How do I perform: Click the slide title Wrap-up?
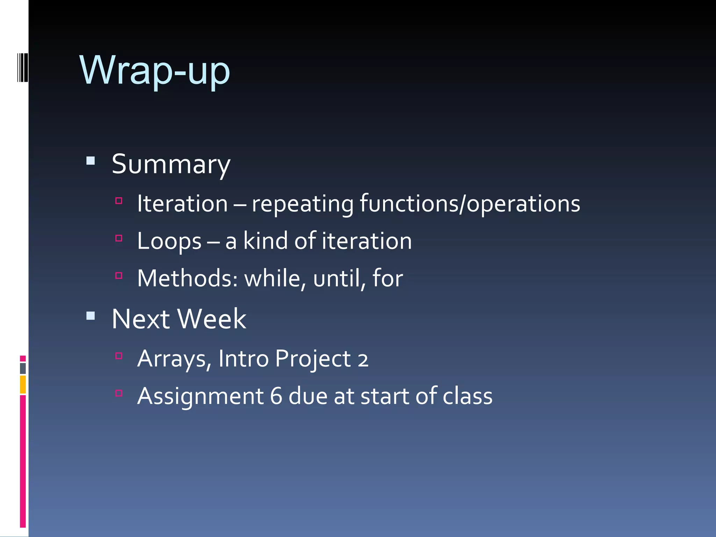pos(155,71)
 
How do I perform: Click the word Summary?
pos(171,164)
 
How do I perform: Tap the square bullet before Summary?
pos(91,161)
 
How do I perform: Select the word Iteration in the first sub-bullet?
pos(182,203)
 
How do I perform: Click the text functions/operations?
pos(470,203)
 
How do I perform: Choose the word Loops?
pos(169,241)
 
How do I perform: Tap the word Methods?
pos(187,278)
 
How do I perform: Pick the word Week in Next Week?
pos(212,319)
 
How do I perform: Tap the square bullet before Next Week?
pos(91,316)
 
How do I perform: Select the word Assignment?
pos(200,396)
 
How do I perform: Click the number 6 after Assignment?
pos(276,396)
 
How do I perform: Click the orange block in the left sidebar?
pos(23,385)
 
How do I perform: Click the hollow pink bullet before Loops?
pos(119,238)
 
